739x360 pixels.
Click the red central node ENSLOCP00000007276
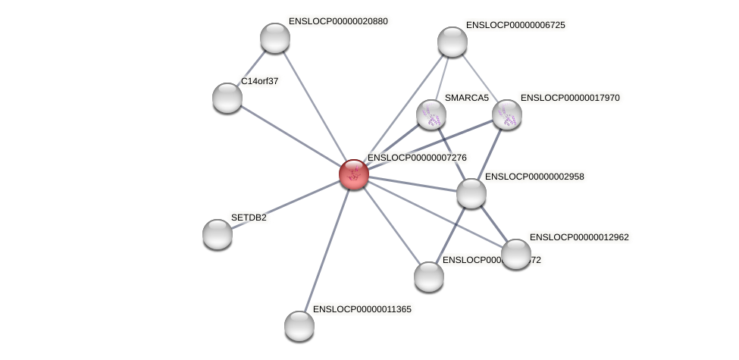(x=353, y=174)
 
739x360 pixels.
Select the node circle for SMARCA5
(x=431, y=115)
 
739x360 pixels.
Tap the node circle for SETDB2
(x=218, y=234)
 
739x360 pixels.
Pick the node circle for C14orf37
(x=227, y=97)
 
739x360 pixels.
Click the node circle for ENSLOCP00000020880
(x=275, y=38)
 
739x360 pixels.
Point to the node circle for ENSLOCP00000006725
(x=452, y=42)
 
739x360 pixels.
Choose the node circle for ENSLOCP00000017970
(x=507, y=115)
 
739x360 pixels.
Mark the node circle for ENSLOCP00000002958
(x=471, y=193)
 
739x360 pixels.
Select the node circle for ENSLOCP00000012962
(x=516, y=254)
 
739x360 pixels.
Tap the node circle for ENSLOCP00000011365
(x=299, y=326)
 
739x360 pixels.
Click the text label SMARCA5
(x=467, y=98)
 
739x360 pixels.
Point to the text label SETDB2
(x=249, y=218)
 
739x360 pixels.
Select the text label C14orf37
(x=259, y=80)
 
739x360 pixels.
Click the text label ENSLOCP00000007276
(x=417, y=158)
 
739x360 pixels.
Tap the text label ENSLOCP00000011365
(x=362, y=309)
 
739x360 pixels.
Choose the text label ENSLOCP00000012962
(x=579, y=237)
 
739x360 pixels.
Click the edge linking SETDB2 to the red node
(x=285, y=205)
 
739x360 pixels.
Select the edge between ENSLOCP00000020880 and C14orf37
(x=252, y=67)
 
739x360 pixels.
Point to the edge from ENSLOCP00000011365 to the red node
(x=326, y=250)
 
